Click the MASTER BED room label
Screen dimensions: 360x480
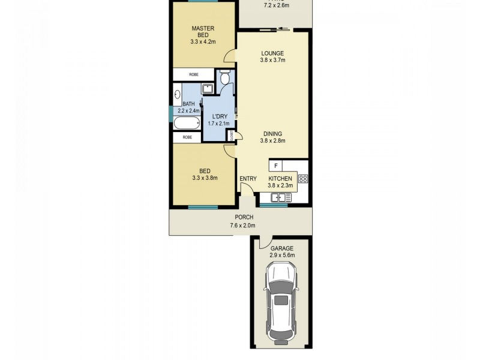[203, 35]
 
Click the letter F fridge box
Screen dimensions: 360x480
[275, 165]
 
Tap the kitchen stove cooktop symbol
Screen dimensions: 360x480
[303, 178]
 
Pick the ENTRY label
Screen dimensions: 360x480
[248, 179]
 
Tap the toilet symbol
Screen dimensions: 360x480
[224, 79]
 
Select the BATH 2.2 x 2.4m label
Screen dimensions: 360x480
[188, 107]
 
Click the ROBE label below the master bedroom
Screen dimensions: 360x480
[194, 74]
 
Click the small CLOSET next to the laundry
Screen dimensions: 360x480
[230, 136]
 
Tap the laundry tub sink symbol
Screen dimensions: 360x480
[208, 89]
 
